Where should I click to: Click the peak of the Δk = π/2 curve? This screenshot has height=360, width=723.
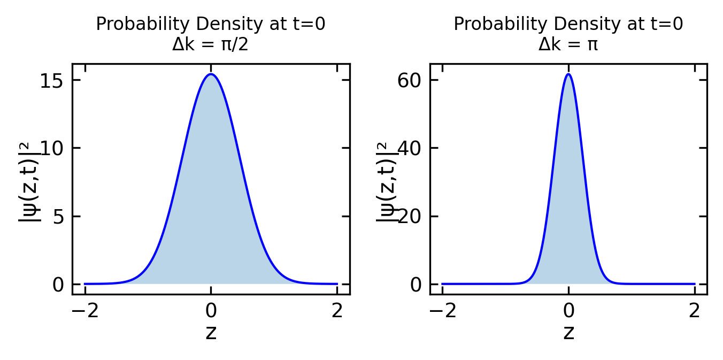coord(211,74)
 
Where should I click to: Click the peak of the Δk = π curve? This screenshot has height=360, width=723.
coord(568,74)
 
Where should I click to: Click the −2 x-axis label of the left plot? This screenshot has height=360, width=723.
coord(85,311)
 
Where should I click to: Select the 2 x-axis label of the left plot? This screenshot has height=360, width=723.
coord(337,311)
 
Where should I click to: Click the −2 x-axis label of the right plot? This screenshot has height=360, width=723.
coord(442,311)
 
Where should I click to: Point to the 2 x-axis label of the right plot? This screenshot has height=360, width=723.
coord(694,311)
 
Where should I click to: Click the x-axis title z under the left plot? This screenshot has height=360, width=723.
coord(211,333)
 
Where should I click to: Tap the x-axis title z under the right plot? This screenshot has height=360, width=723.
coord(568,333)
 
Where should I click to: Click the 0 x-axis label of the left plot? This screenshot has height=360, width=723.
coord(211,311)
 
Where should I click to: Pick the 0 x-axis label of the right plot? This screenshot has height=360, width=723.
coord(568,311)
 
